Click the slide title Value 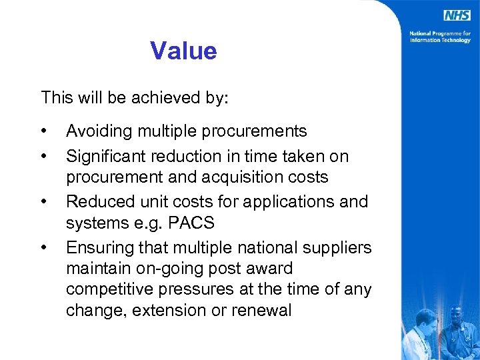click(x=183, y=51)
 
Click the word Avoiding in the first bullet click(x=95, y=131)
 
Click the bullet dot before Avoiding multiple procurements click(x=43, y=130)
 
